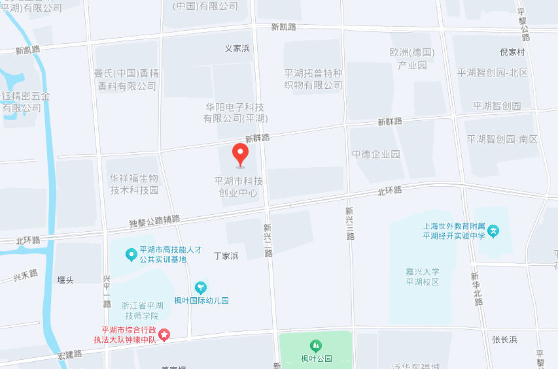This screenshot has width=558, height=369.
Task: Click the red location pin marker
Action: pyautogui.click(x=241, y=154)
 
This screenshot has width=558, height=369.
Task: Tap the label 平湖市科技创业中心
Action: pyautogui.click(x=239, y=187)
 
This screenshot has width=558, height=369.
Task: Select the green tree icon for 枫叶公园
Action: pyautogui.click(x=316, y=345)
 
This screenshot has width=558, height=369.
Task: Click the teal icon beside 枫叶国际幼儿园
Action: pyautogui.click(x=201, y=287)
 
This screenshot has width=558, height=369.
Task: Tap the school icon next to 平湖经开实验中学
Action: pyautogui.click(x=494, y=231)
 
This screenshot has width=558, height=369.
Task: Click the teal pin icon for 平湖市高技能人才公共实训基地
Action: pyautogui.click(x=131, y=254)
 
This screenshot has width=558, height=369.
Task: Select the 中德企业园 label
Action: pyautogui.click(x=375, y=154)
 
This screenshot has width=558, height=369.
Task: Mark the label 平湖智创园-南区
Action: pyautogui.click(x=502, y=139)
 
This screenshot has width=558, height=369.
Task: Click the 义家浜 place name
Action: pyautogui.click(x=237, y=48)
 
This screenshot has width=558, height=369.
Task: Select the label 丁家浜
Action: pyautogui.click(x=226, y=256)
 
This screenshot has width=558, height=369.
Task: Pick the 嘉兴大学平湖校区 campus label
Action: pyautogui.click(x=422, y=277)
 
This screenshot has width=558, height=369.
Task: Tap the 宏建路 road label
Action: pyautogui.click(x=70, y=354)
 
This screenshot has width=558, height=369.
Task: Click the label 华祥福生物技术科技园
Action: pyautogui.click(x=134, y=184)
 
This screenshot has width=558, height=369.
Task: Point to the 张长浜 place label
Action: pyautogui.click(x=504, y=339)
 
